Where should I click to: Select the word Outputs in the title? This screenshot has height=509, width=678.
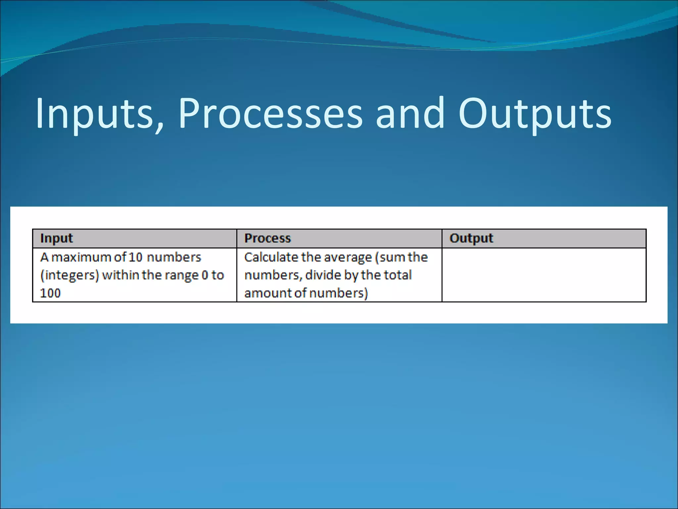click(x=535, y=113)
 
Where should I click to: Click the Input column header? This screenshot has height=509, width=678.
click(x=56, y=238)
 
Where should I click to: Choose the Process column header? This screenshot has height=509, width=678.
click(x=267, y=238)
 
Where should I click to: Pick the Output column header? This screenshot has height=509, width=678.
click(x=471, y=238)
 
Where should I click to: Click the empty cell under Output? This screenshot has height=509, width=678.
click(x=544, y=275)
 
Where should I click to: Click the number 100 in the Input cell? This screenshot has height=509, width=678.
click(x=50, y=293)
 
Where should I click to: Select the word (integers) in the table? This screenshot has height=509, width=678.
click(x=70, y=275)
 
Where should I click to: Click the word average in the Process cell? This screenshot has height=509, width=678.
click(x=348, y=257)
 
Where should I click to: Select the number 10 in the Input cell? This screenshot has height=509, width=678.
click(x=135, y=257)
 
